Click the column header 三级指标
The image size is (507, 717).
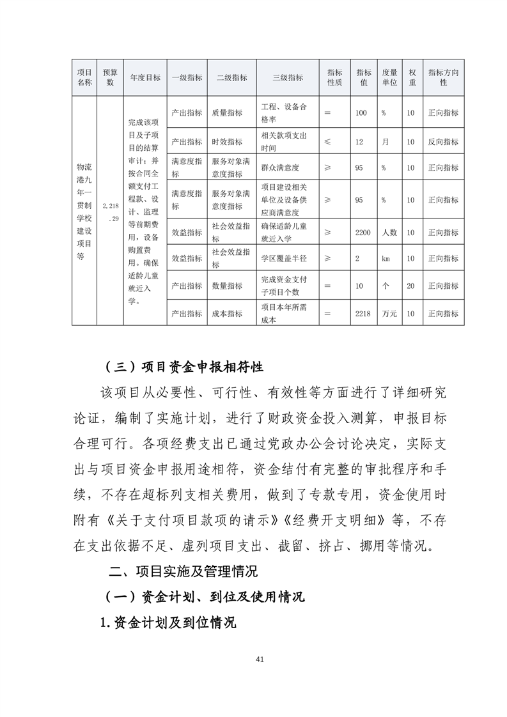[288, 78]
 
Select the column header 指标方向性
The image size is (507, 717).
[443, 78]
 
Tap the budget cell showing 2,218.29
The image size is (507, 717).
[110, 212]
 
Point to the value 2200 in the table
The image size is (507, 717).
[363, 233]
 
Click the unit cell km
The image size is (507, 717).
[386, 259]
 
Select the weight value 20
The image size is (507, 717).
[411, 286]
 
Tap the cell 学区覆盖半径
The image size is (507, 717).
[285, 259]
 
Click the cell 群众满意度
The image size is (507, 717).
[280, 167]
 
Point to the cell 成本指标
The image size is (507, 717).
[227, 314]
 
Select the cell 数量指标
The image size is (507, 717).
[227, 286]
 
